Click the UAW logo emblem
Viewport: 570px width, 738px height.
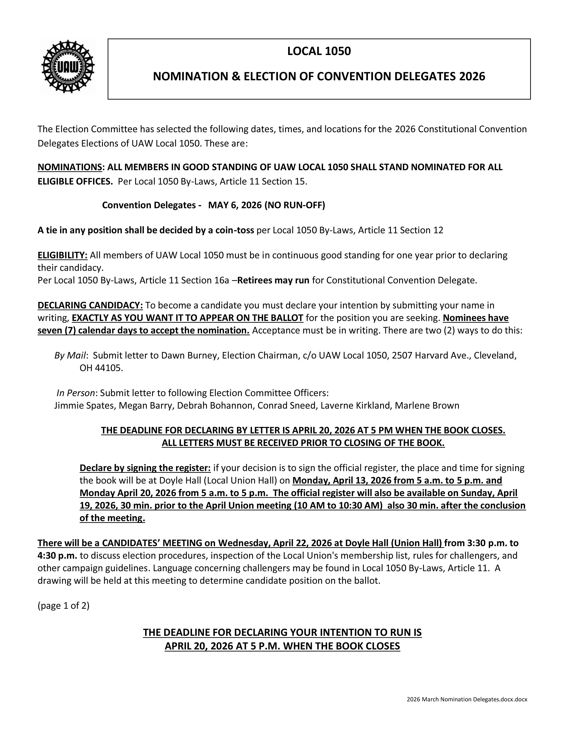[x=68, y=67]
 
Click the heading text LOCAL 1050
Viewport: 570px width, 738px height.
[x=319, y=51]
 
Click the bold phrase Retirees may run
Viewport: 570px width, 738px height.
[x=273, y=280]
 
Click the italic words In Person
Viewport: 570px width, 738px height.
[x=76, y=393]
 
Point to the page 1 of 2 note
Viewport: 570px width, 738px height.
[x=63, y=606]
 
